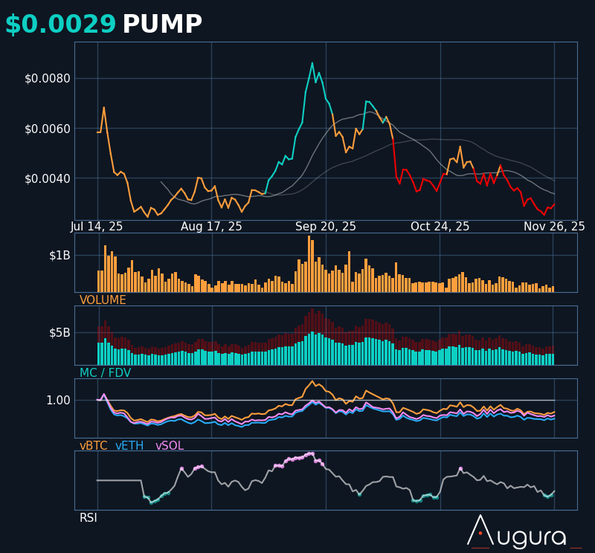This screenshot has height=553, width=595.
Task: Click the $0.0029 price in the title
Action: click(x=60, y=25)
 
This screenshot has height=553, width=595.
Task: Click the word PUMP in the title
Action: click(x=162, y=25)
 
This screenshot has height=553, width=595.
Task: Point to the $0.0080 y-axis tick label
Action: click(x=48, y=78)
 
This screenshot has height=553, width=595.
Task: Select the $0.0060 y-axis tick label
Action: click(x=48, y=129)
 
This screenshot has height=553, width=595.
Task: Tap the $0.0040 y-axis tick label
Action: click(x=48, y=178)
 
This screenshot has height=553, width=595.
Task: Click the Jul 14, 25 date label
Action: click(x=97, y=227)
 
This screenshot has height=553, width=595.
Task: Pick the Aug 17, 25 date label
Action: click(x=211, y=227)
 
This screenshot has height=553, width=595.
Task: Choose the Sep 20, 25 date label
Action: click(x=326, y=227)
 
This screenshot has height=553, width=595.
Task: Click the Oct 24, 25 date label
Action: click(x=440, y=227)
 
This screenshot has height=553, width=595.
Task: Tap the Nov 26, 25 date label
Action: click(x=554, y=227)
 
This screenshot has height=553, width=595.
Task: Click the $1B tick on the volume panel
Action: click(x=59, y=255)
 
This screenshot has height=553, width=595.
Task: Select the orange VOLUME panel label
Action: click(x=103, y=300)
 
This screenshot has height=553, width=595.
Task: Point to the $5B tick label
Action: click(x=59, y=332)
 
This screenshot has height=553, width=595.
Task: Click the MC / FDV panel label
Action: click(x=105, y=373)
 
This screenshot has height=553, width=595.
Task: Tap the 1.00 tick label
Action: click(x=58, y=400)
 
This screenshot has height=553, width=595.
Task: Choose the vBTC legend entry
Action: click(x=94, y=446)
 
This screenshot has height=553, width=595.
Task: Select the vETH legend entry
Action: click(x=129, y=446)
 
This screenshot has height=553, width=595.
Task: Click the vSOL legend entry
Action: click(x=169, y=446)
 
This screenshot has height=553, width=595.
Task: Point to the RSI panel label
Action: click(x=89, y=517)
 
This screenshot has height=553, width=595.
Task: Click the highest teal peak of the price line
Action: click(x=312, y=63)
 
